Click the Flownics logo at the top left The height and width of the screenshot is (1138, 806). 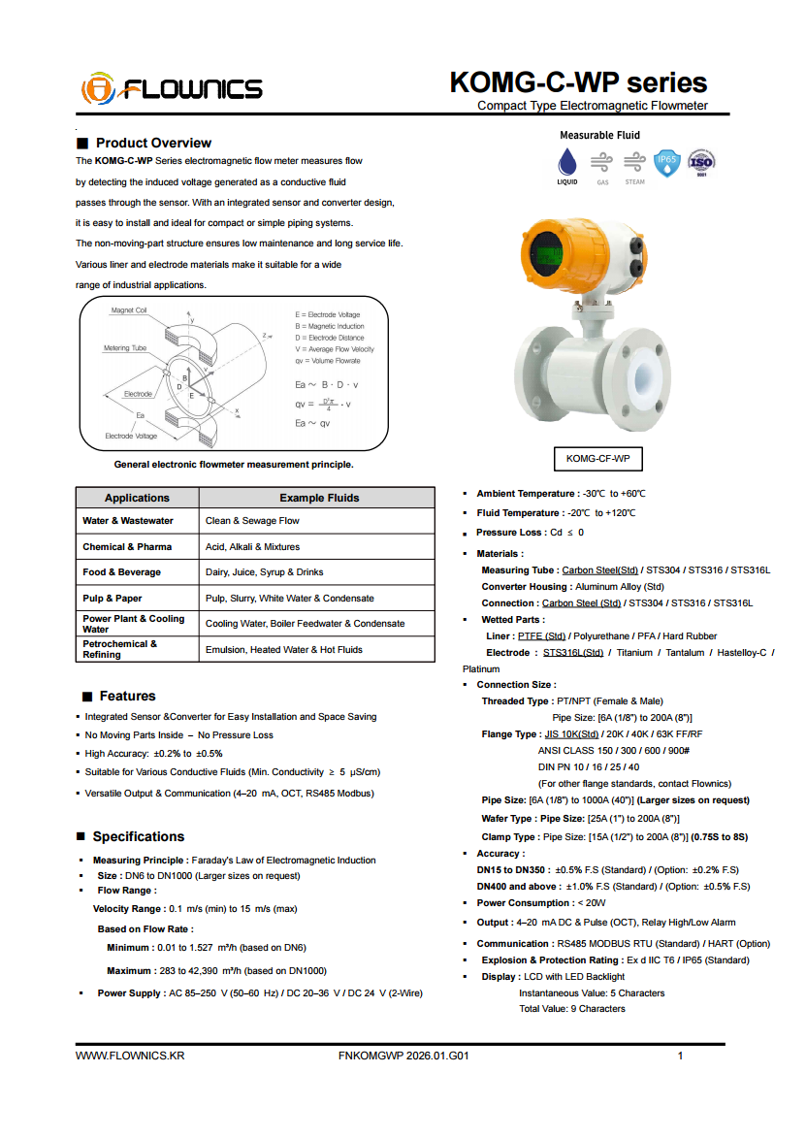[x=172, y=89]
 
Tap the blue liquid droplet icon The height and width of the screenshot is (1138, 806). [x=566, y=161]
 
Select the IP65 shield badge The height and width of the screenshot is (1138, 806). [x=666, y=162]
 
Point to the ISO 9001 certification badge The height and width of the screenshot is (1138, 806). [x=701, y=162]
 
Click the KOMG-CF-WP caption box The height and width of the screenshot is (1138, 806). [x=597, y=458]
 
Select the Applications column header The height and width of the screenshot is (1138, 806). [x=137, y=498]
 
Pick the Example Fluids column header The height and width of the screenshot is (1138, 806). [x=319, y=498]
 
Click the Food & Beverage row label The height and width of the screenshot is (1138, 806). [x=121, y=572]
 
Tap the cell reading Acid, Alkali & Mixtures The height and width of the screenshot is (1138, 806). [x=252, y=547]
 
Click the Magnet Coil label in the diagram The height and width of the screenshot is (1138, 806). [x=129, y=310]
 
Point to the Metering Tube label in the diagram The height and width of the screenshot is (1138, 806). [x=125, y=347]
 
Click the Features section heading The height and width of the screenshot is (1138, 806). [x=127, y=696]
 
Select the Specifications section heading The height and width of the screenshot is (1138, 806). [x=138, y=836]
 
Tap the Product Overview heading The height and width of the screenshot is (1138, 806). [x=153, y=143]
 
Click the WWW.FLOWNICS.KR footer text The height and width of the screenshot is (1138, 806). [x=130, y=1056]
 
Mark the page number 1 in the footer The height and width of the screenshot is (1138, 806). [x=681, y=1056]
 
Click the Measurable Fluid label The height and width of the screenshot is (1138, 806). [x=599, y=135]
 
